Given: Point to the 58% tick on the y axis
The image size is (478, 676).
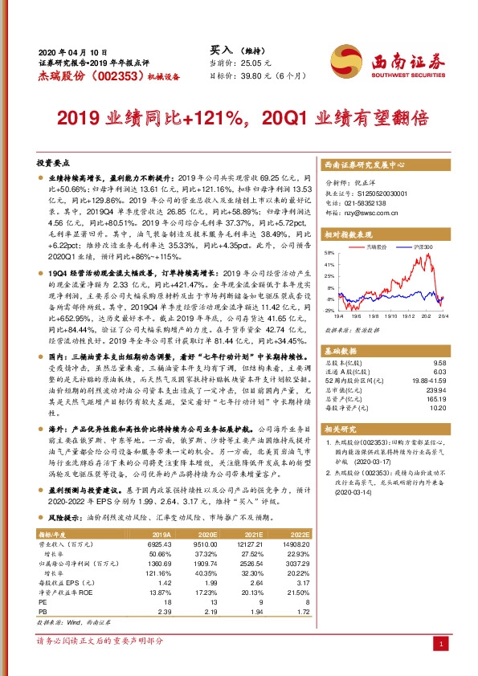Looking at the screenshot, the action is click(x=329, y=252).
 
